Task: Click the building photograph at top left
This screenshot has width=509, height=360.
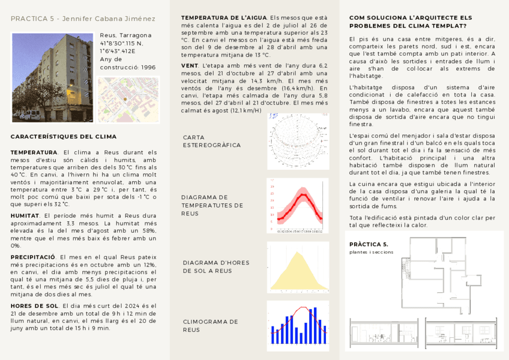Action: [52, 77]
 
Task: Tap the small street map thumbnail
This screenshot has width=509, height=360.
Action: [128, 99]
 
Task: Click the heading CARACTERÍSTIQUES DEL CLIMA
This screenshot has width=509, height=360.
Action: [64, 137]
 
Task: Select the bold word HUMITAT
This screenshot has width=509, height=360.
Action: [25, 215]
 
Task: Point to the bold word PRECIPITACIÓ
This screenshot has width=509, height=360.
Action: [33, 257]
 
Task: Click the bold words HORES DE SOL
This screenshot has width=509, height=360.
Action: [34, 306]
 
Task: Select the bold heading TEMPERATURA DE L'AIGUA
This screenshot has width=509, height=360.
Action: [224, 18]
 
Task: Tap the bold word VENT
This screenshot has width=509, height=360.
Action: [190, 65]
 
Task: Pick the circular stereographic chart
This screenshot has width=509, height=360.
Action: [298, 142]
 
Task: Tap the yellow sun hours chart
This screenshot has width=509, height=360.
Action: [298, 268]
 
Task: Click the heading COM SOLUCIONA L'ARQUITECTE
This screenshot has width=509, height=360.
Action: [411, 22]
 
